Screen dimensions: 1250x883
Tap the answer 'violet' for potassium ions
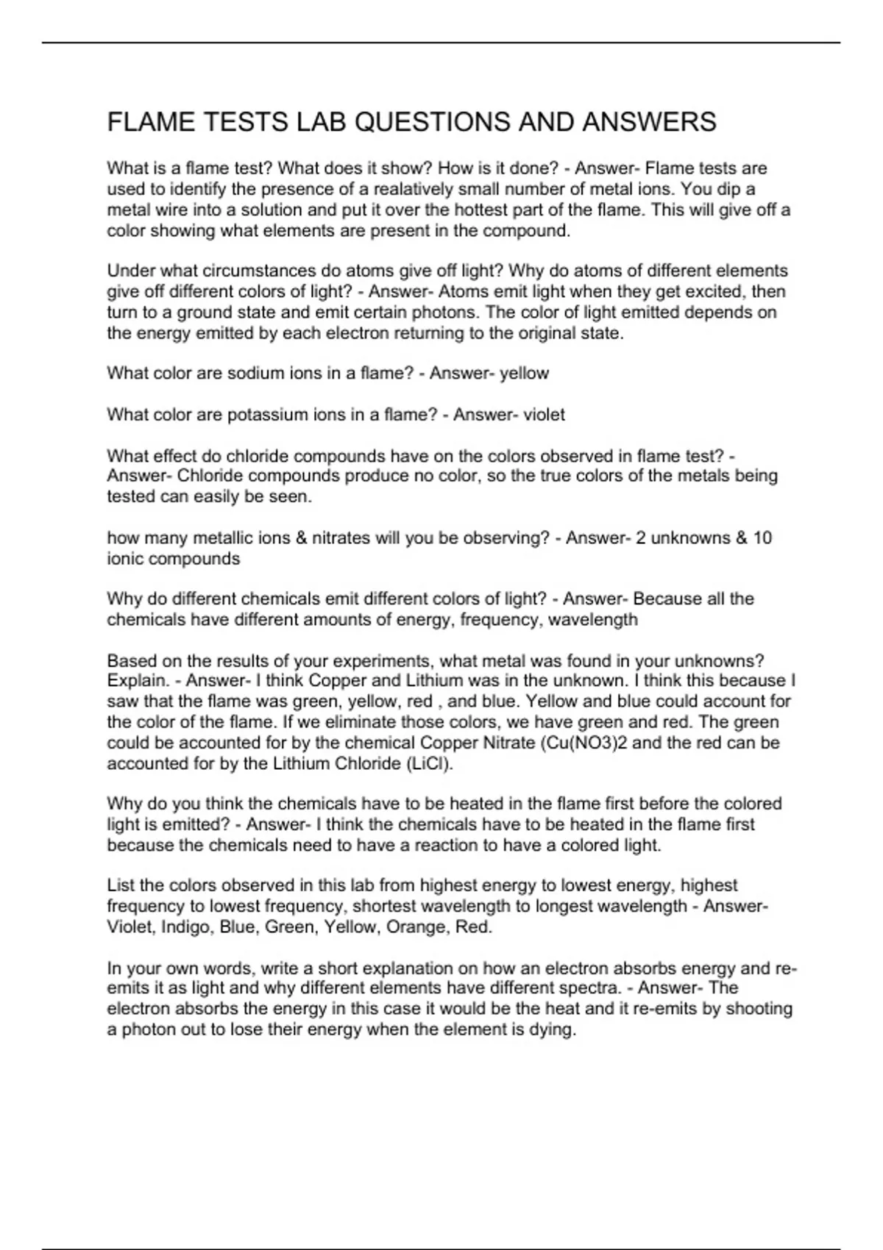544,415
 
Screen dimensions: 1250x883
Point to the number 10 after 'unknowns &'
762,537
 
